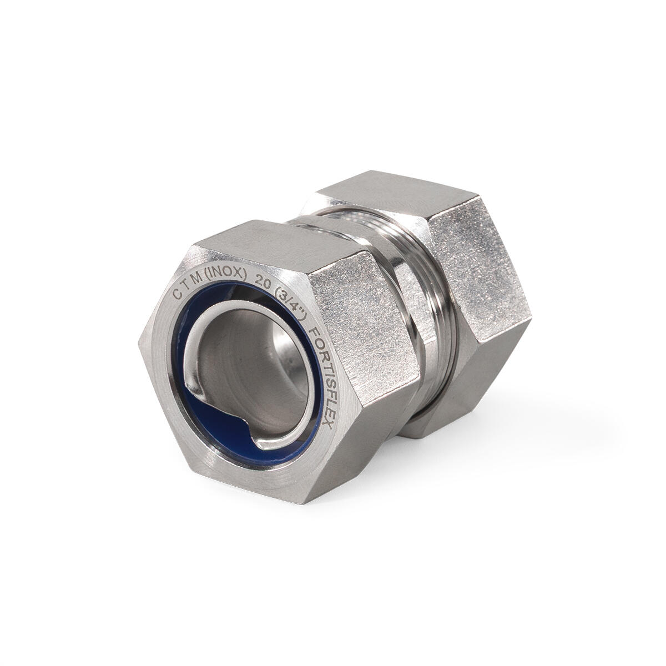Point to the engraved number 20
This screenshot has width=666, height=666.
point(261,281)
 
